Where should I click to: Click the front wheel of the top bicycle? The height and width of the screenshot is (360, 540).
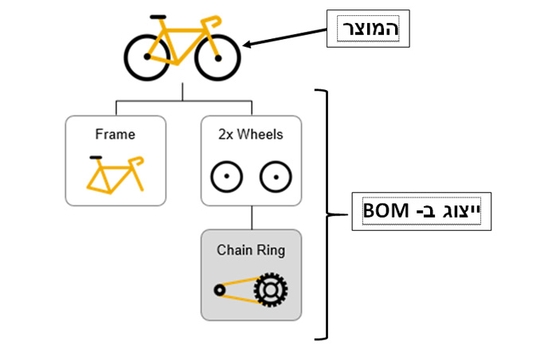[x=217, y=57]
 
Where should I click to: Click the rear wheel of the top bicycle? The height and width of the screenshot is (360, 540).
[x=148, y=57]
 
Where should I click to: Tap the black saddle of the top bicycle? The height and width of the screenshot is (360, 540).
[x=158, y=16]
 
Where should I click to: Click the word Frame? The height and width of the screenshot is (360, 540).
[x=115, y=135]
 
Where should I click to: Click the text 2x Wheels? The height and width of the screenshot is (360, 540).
[x=251, y=135]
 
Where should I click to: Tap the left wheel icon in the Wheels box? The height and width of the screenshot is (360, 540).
[x=225, y=175]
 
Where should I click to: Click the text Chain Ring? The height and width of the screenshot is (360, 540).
[x=251, y=250]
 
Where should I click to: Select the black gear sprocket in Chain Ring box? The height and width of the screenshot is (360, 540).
[x=271, y=290]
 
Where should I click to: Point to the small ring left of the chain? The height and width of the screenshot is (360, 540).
[x=219, y=289]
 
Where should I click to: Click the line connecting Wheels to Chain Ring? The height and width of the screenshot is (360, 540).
[x=252, y=217]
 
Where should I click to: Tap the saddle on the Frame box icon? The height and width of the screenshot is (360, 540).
[x=96, y=158]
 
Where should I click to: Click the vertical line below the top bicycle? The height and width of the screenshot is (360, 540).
[x=182, y=91]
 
